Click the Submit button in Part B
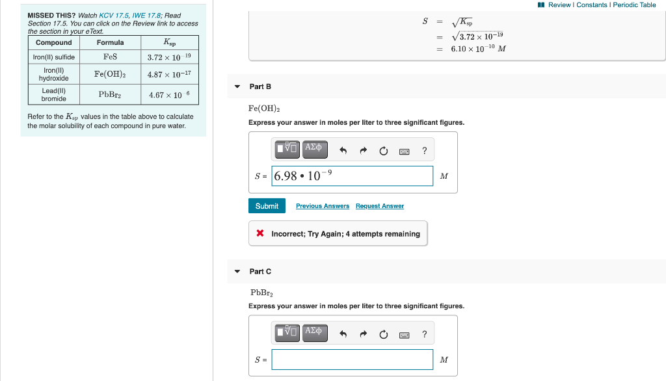267,206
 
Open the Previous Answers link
322,206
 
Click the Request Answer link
379,206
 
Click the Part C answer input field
352,360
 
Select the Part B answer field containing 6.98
352,176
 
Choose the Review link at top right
559,5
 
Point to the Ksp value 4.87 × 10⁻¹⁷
169,75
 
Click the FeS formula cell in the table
110,57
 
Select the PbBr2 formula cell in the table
110,95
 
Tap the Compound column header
54,43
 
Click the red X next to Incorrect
260,233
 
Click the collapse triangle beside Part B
237,86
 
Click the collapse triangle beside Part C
237,271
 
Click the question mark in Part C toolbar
424,334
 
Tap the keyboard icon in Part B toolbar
404,151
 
